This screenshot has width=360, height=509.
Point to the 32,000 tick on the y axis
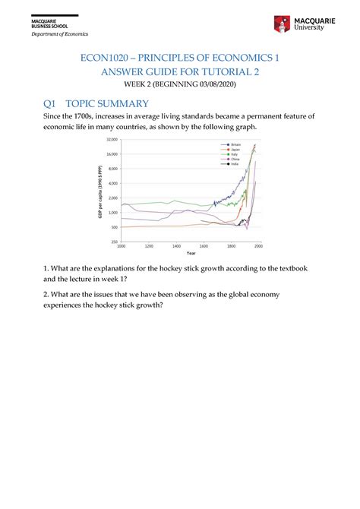coord(110,140)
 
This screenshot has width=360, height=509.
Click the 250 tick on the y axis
coord(113,242)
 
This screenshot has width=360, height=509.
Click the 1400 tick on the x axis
coord(176,247)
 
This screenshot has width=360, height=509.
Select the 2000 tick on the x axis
coord(258,247)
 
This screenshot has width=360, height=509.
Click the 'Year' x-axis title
coord(189,253)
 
